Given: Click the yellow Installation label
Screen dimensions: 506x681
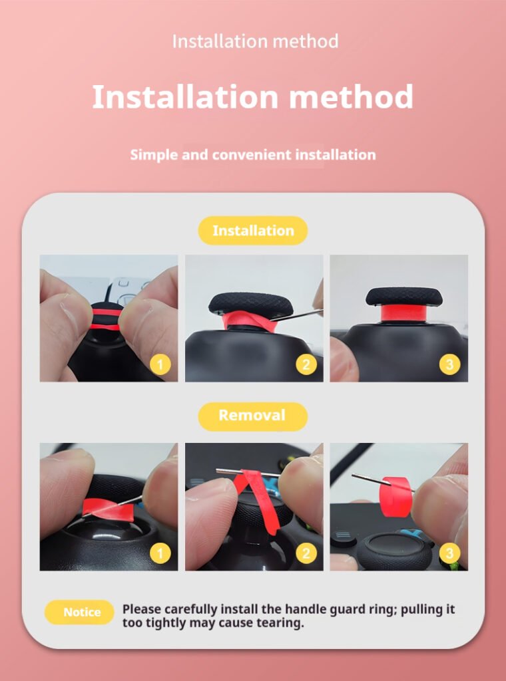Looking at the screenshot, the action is click(253, 231).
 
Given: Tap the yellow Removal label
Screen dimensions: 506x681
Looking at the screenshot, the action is click(252, 416).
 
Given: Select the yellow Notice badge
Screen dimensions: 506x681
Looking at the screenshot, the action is click(79, 613).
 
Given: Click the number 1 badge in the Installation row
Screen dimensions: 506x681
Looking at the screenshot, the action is click(160, 365).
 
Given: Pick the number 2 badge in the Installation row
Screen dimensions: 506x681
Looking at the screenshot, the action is click(306, 365).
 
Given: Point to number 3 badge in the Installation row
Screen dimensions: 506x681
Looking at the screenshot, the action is click(449, 365).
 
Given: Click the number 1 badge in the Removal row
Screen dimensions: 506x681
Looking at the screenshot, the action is click(160, 554).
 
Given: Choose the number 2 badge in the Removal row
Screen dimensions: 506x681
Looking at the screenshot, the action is click(306, 554).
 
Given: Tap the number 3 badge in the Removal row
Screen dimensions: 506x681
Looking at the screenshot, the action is click(449, 554).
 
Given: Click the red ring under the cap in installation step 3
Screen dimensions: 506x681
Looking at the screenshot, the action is click(404, 313).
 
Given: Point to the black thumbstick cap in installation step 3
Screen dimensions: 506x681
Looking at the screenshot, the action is click(404, 296).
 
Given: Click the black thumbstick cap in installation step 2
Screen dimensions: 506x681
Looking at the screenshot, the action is click(251, 303).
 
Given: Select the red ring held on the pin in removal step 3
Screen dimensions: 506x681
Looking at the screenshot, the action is click(395, 496).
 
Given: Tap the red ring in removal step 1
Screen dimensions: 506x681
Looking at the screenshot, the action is click(109, 509).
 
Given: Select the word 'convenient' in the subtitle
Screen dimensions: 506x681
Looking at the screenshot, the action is click(252, 154).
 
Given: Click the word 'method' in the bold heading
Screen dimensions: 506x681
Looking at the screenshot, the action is click(351, 96).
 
